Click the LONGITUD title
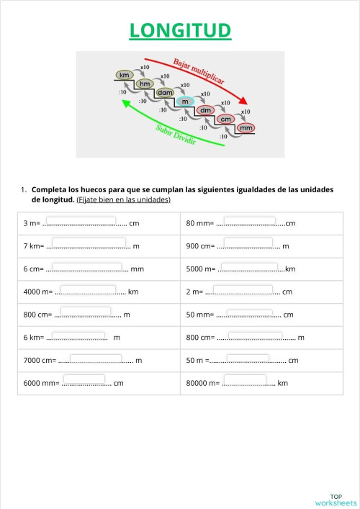(x=180, y=30)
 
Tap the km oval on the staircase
(x=125, y=75)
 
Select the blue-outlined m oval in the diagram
(x=185, y=102)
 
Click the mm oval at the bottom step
(x=246, y=128)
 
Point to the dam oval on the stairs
(x=165, y=93)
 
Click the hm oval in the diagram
(x=145, y=84)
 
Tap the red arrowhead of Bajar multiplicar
(x=243, y=101)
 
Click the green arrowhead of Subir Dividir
(x=126, y=104)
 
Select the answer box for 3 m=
(x=81, y=221)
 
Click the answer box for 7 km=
(x=89, y=242)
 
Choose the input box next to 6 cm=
(x=86, y=267)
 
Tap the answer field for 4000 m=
(x=88, y=289)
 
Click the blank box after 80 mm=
(x=249, y=221)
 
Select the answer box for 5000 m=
(x=249, y=267)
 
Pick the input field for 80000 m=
(x=245, y=379)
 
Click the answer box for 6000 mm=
(x=84, y=379)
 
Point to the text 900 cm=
(x=200, y=246)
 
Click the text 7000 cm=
(x=40, y=360)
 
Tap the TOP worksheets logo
(x=336, y=500)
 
